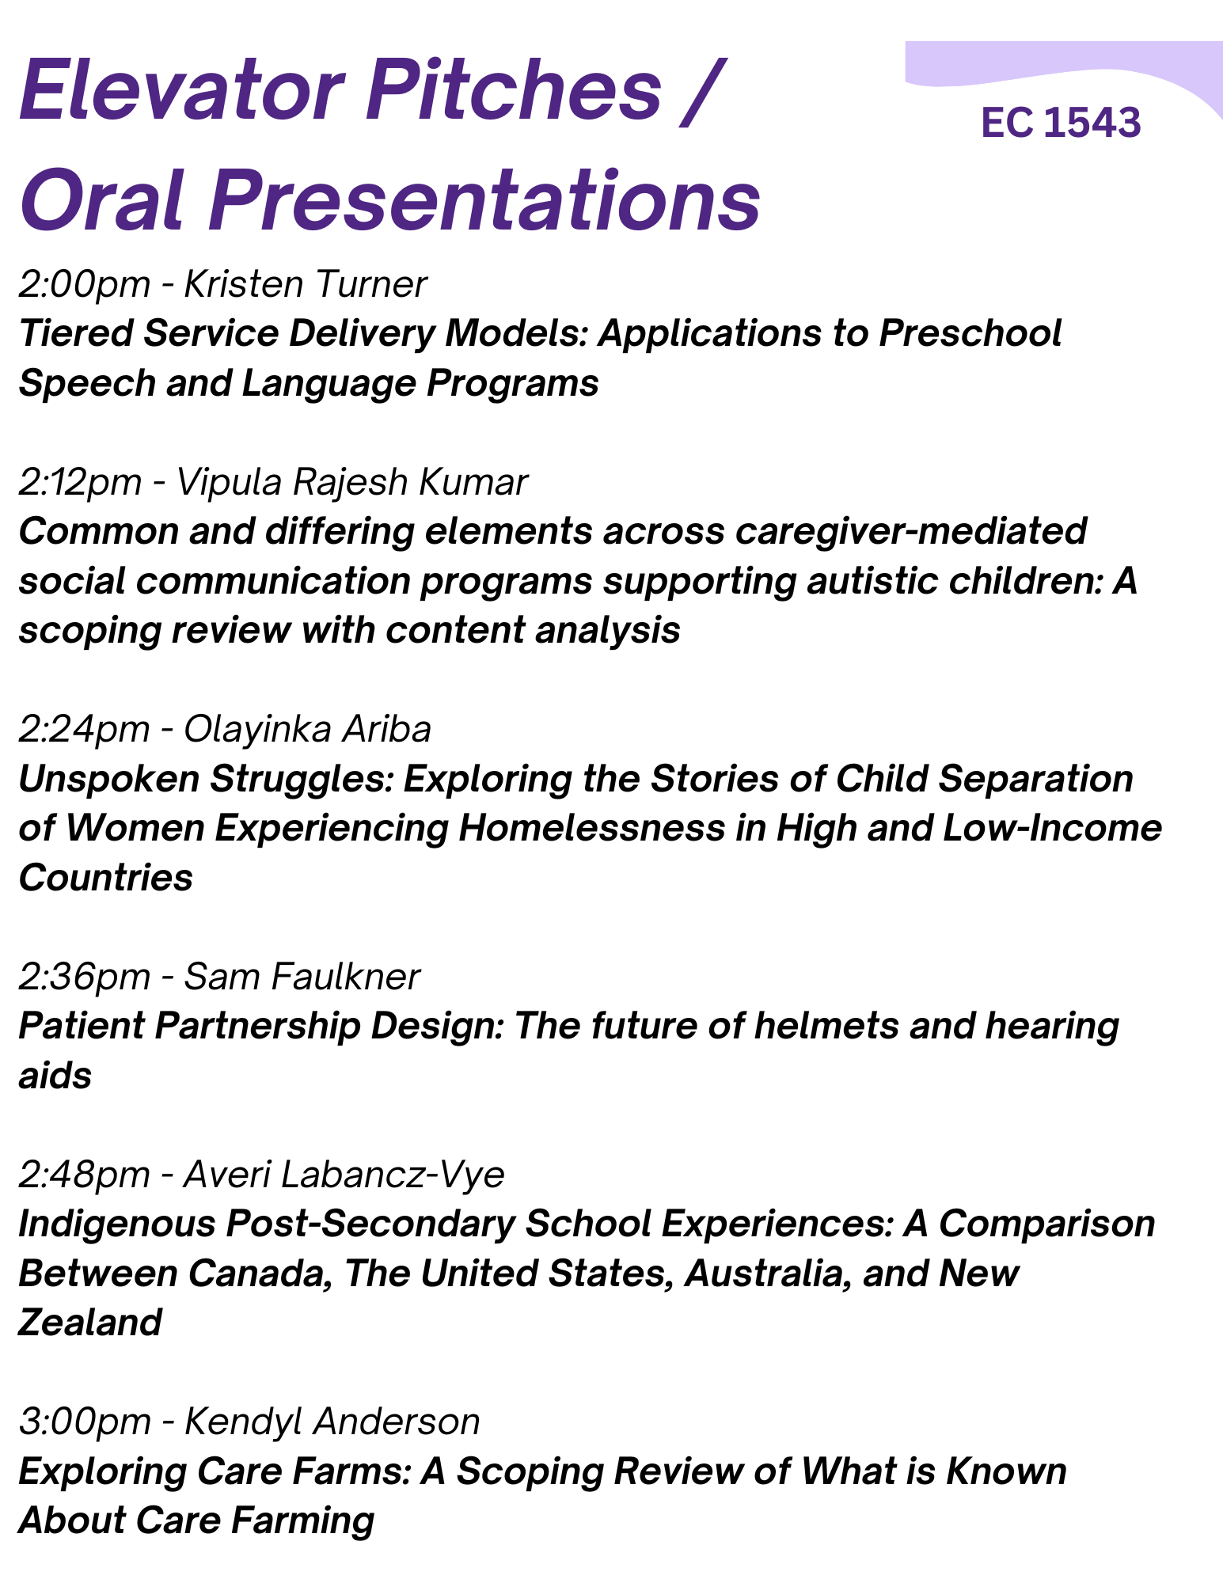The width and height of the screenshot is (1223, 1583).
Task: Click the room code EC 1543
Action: click(1061, 123)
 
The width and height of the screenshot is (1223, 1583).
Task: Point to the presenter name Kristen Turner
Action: click(306, 283)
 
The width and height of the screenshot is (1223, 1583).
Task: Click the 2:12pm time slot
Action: click(80, 481)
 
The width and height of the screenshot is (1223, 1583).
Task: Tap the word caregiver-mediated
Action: click(911, 532)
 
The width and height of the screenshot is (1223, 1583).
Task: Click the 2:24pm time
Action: click(84, 728)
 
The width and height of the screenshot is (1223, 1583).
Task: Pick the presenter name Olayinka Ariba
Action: click(307, 728)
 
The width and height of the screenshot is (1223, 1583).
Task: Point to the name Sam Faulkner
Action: click(302, 976)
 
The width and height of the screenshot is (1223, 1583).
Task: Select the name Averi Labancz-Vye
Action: click(344, 1175)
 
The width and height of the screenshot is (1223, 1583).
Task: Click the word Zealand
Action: click(90, 1323)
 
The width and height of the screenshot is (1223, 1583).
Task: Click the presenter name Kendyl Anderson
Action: click(332, 1422)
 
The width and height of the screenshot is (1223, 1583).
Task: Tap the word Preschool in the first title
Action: click(970, 333)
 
